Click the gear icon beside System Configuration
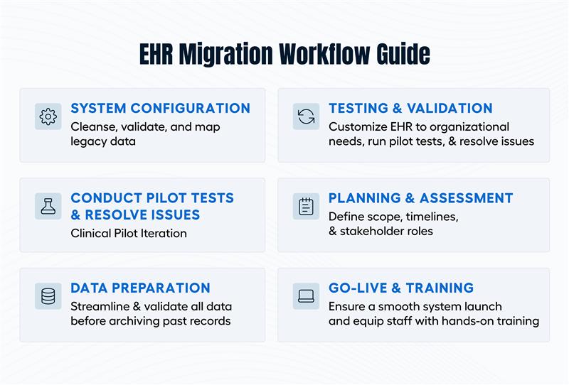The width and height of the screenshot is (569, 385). (48, 116)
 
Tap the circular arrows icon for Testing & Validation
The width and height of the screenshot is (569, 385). (306, 116)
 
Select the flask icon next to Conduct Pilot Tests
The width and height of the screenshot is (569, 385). (48, 206)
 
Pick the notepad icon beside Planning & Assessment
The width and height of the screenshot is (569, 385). (306, 206)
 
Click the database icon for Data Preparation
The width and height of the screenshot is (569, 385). (48, 295)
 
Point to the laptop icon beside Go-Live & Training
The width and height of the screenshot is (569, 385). (306, 295)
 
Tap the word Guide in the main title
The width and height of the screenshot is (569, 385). (403, 54)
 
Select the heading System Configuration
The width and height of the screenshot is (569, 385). (160, 109)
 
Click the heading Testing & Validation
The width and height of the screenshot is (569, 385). (410, 109)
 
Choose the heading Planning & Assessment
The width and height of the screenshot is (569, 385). (420, 198)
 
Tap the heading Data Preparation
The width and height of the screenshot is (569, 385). (140, 288)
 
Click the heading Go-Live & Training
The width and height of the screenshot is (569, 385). (401, 288)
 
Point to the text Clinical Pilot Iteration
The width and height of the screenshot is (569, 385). (129, 232)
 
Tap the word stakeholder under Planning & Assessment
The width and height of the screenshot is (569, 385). (373, 231)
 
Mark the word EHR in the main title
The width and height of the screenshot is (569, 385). (156, 54)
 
